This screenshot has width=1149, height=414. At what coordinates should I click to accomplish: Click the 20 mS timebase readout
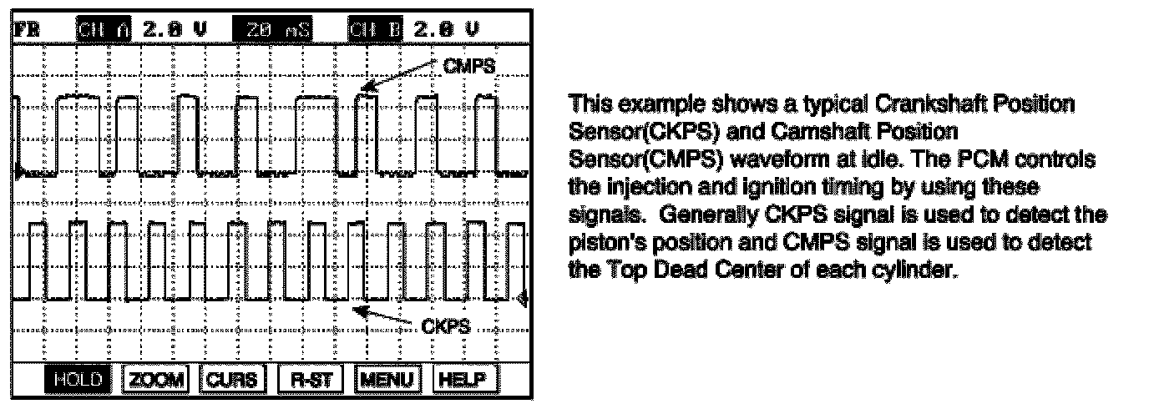tap(277, 30)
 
